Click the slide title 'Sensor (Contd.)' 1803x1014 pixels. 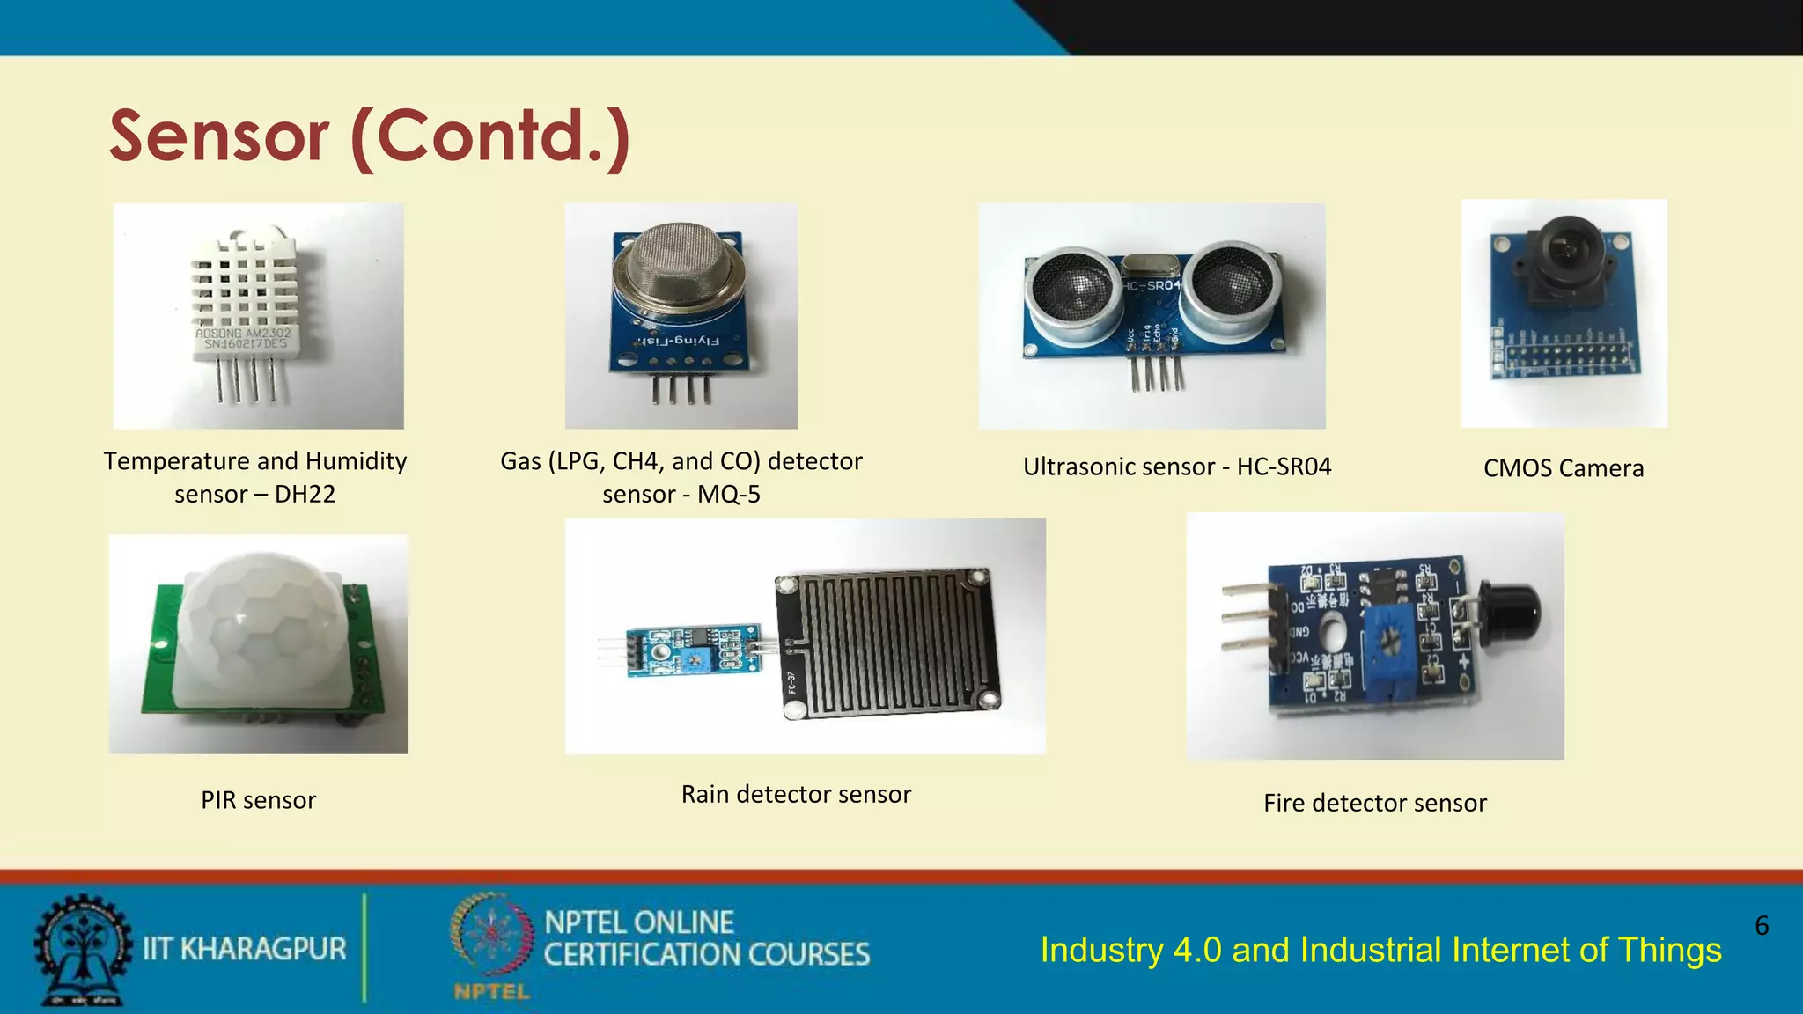pos(370,136)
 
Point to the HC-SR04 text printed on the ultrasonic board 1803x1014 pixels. pos(1151,285)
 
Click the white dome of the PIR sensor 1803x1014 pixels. pos(260,629)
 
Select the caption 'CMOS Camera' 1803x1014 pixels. pos(1564,468)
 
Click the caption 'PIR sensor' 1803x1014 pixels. pos(258,800)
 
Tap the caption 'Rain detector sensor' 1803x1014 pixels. pos(796,794)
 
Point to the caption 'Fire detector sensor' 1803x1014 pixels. pos(1374,803)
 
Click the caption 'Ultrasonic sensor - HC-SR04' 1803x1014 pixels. pos(1177,467)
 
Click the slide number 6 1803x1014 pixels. pos(1762,925)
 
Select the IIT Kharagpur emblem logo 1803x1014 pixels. pos(81,950)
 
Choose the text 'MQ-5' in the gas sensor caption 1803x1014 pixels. pos(729,495)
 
